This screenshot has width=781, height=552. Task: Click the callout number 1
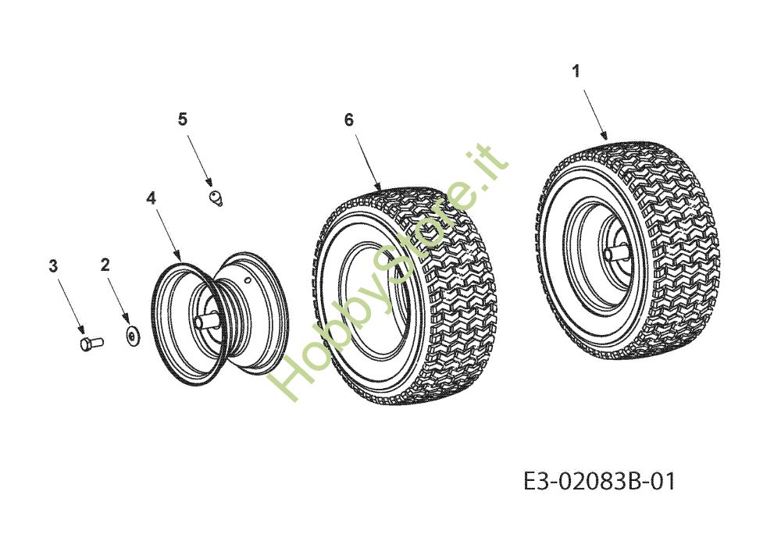[576, 72]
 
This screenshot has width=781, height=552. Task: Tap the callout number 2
[105, 265]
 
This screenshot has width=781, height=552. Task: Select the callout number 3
[53, 266]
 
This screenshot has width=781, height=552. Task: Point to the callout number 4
[151, 198]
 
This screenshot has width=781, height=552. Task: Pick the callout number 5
[182, 119]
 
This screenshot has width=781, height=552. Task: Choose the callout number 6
[348, 120]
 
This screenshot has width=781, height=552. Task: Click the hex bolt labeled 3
[91, 344]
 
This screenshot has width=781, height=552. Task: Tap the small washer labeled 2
[132, 337]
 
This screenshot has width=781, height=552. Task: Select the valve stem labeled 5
[216, 197]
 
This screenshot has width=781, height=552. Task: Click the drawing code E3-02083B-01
[600, 481]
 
